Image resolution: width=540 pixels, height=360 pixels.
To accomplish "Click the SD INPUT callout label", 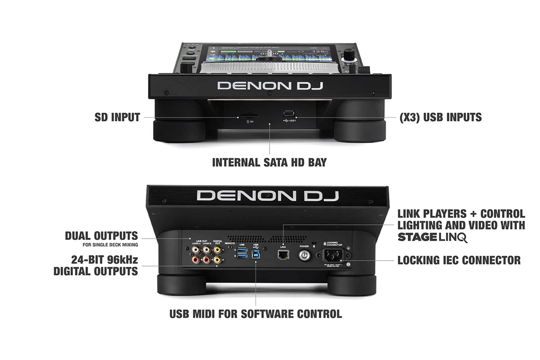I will [117, 117].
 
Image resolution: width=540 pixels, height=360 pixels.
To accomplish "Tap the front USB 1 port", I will [289, 113].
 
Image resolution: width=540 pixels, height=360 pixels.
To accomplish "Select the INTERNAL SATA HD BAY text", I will [269, 162].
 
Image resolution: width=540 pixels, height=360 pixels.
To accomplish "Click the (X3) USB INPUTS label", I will [440, 117].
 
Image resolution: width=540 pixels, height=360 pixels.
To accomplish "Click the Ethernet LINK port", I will [283, 254].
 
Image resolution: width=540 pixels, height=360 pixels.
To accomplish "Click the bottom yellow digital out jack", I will [217, 260].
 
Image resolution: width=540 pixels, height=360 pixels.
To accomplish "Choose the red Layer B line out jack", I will [207, 260].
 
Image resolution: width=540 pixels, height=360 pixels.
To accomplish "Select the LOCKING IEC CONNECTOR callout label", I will [459, 260].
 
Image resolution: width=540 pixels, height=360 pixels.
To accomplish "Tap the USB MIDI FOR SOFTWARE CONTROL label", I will [255, 314].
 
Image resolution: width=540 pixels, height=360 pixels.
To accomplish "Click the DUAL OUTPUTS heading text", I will [101, 236].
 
